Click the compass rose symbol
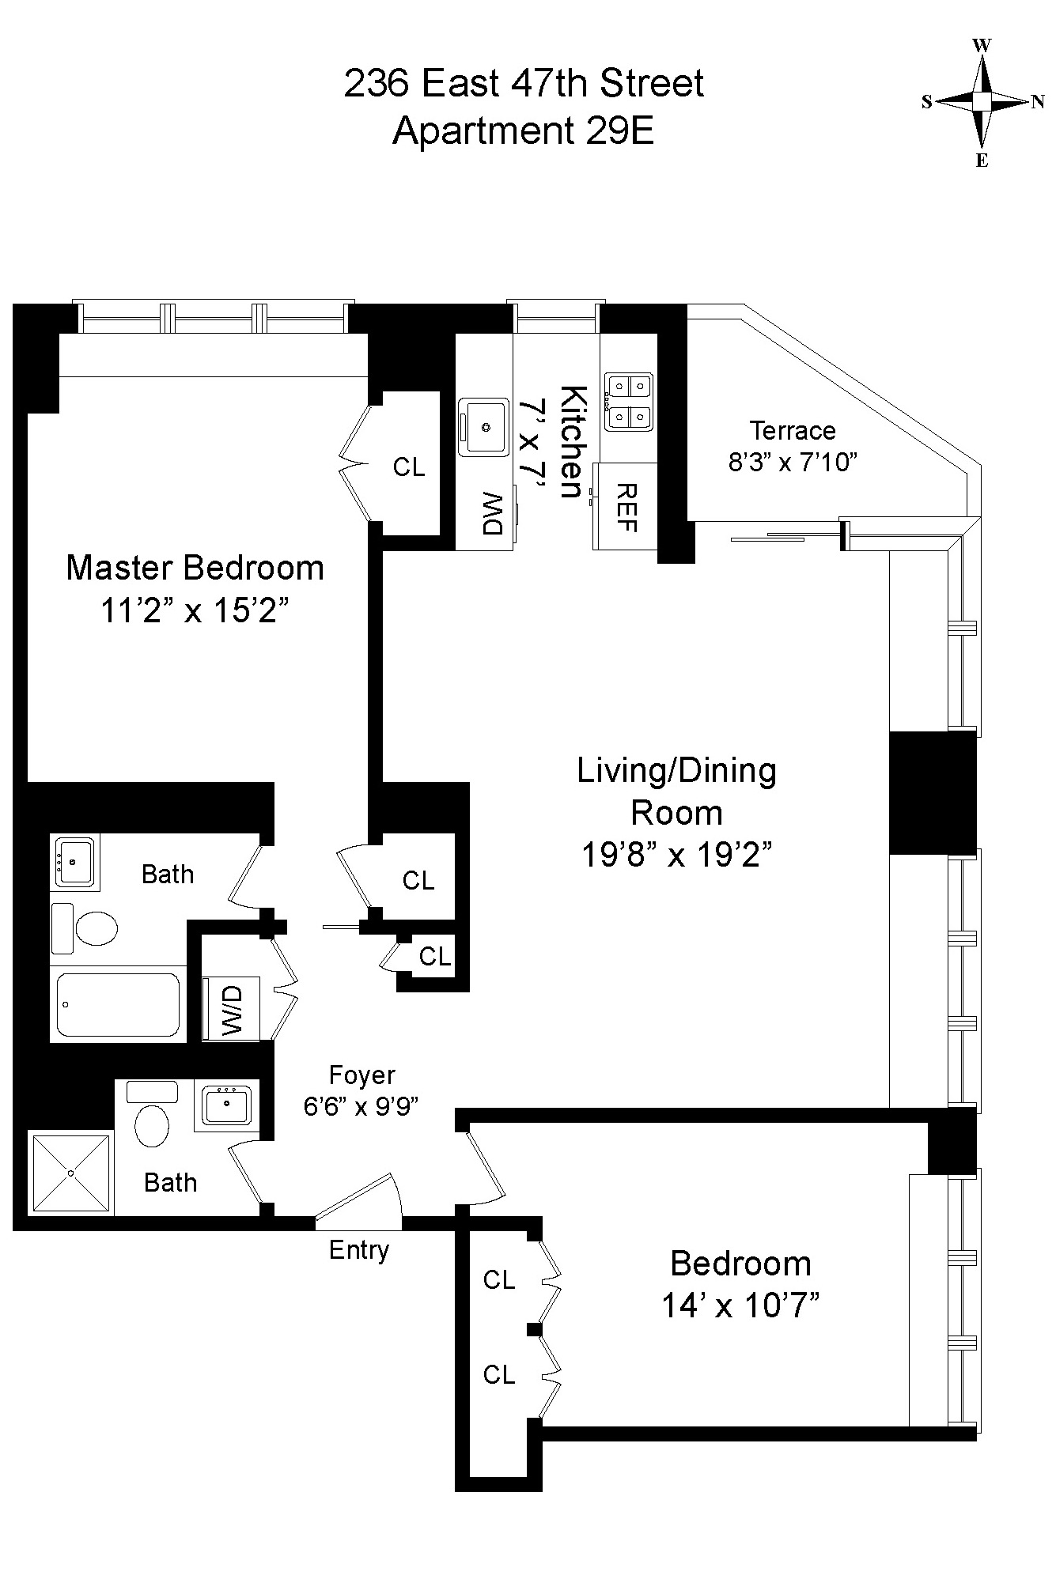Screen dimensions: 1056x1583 (982, 102)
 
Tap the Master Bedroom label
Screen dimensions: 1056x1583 (195, 568)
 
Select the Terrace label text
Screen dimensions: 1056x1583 (793, 430)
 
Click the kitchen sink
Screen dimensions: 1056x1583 (484, 427)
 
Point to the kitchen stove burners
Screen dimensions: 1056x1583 (629, 402)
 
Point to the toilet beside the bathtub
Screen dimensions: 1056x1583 (85, 928)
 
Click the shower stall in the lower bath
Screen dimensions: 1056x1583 (71, 1173)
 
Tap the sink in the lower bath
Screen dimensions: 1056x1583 (227, 1105)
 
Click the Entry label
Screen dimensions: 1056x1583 (359, 1250)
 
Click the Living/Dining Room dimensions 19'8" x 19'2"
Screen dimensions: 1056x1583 (677, 854)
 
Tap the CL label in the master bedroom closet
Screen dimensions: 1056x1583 (409, 467)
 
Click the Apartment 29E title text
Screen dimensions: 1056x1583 (524, 130)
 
